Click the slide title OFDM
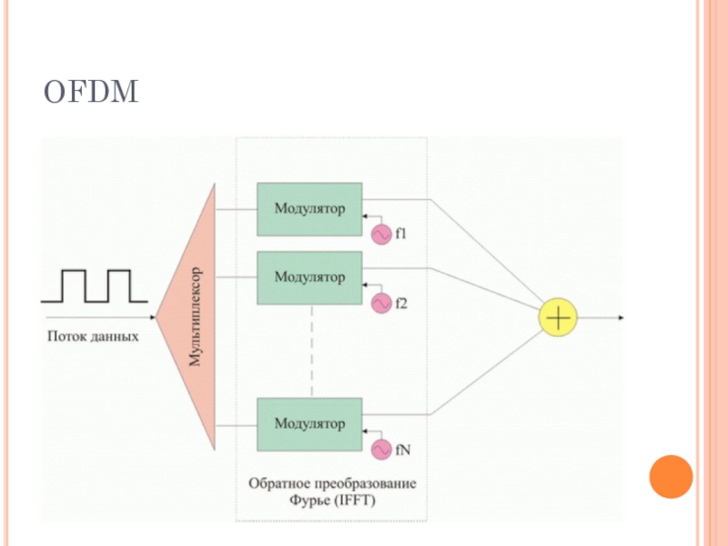(91, 93)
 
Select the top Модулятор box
(309, 209)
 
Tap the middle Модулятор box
(309, 278)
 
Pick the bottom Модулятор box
(309, 423)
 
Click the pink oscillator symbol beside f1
(380, 234)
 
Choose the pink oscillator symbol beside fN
(380, 449)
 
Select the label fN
(403, 449)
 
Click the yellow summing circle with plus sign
(557, 318)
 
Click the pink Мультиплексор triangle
(193, 317)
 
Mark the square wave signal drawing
(94, 286)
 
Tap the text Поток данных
(93, 337)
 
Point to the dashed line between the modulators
(311, 350)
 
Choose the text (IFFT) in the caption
(356, 500)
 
